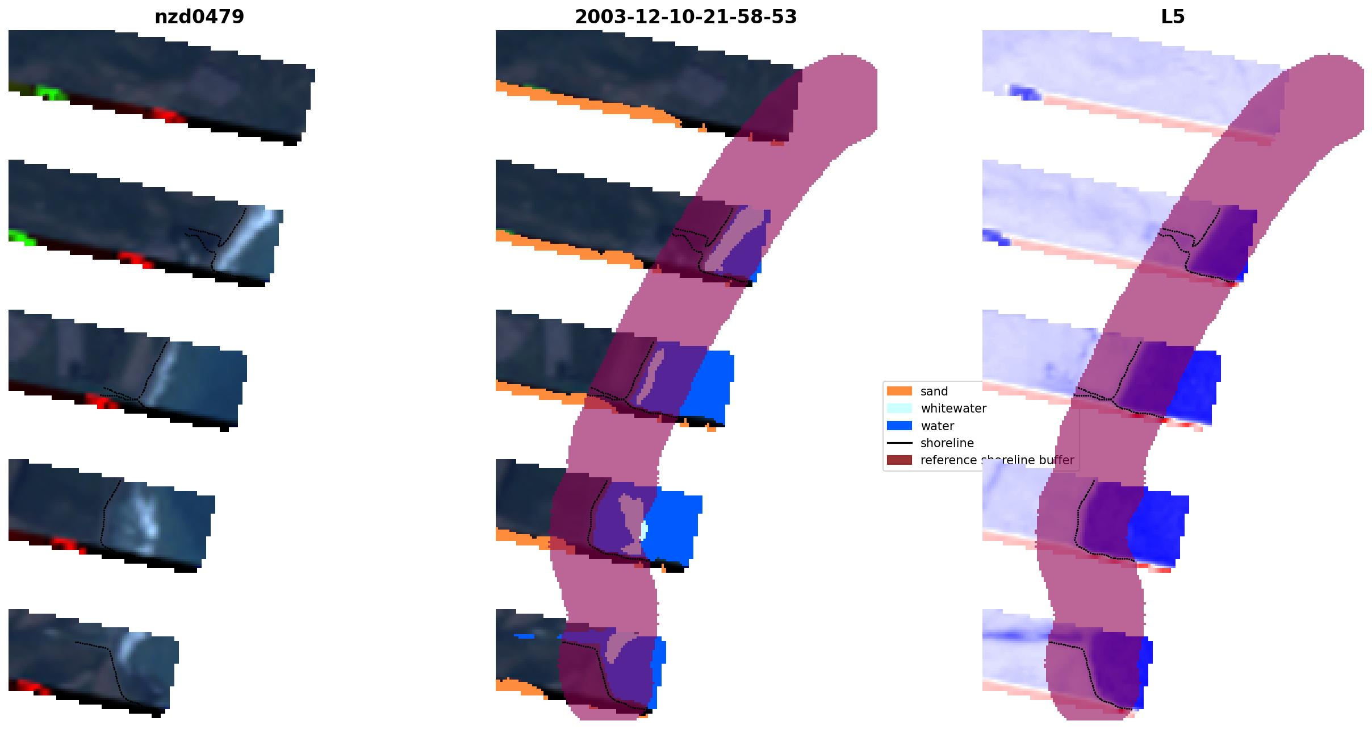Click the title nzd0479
(199, 17)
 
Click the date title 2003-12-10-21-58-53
(685, 17)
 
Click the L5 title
(1173, 17)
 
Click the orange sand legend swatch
(900, 391)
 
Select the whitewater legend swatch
(900, 408)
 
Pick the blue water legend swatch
(900, 426)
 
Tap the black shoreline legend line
(900, 443)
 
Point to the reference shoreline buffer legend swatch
(900, 460)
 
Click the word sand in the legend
(934, 391)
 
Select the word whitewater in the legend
(953, 409)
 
